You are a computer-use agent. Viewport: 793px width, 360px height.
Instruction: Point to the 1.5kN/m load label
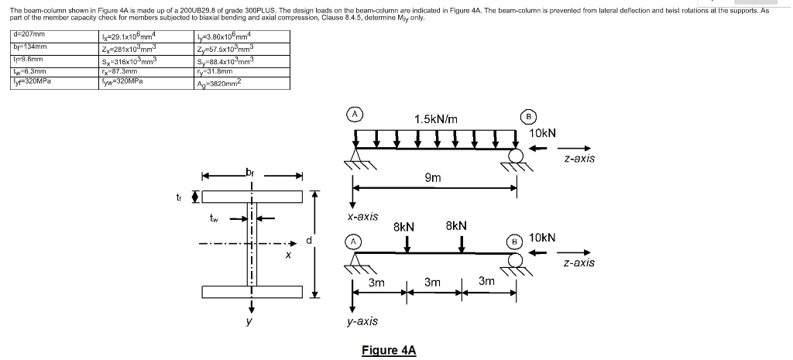pos(435,119)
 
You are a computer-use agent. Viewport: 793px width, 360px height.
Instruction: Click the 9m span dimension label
pos(433,178)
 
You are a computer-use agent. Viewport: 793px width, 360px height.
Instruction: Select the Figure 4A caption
pos(389,350)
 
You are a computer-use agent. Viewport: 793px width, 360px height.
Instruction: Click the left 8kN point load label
pos(404,228)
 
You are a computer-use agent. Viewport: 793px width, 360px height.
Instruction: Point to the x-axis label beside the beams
pos(362,216)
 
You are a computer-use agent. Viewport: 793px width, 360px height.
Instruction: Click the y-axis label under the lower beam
pos(362,321)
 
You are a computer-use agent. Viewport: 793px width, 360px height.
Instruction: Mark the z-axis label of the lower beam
pos(579,263)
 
